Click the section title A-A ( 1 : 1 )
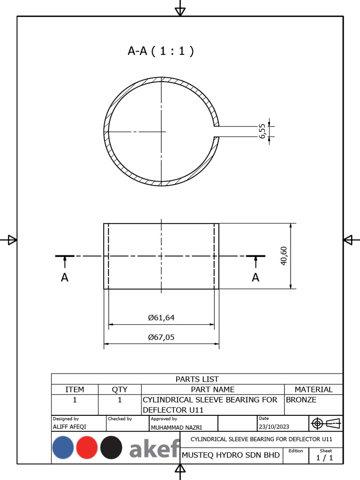click(160, 51)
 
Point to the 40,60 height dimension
click(284, 256)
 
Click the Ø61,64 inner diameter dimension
click(161, 317)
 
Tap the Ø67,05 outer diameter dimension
click(161, 337)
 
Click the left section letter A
click(65, 277)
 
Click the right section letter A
click(255, 277)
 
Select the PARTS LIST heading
click(197, 379)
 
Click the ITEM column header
click(75, 389)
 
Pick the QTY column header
click(120, 389)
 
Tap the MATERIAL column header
click(313, 389)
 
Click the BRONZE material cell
click(301, 400)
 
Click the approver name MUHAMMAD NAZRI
click(176, 427)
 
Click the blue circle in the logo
click(63, 448)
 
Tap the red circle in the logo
click(87, 448)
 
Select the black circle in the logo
click(111, 448)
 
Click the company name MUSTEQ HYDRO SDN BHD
click(231, 455)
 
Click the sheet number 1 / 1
click(324, 458)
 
